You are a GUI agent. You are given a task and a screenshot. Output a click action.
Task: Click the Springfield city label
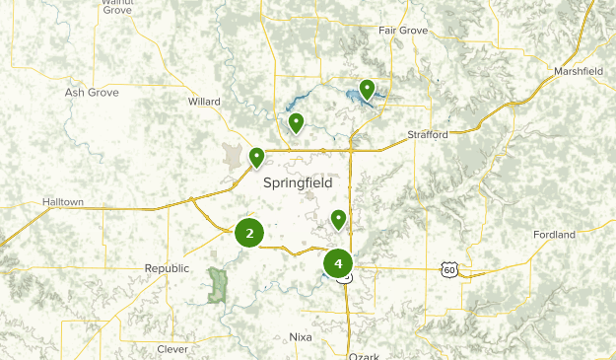point(298,182)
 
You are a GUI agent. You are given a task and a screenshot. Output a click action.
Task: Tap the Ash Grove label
point(91,92)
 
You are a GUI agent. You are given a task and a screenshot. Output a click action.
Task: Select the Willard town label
point(204,101)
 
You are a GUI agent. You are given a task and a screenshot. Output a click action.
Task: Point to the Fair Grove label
point(403,31)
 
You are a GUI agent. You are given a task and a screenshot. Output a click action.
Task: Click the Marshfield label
point(578,72)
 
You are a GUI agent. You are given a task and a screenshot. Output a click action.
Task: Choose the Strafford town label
point(428,134)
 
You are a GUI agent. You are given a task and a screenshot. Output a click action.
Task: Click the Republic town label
point(166,268)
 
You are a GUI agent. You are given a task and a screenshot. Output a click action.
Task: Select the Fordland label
point(553,235)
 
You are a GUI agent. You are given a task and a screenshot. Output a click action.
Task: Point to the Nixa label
point(300,336)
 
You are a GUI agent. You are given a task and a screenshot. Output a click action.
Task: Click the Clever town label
point(172,349)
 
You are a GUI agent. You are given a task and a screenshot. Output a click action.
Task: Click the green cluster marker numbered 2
point(249,234)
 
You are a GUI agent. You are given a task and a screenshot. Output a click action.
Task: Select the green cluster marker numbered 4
point(338,264)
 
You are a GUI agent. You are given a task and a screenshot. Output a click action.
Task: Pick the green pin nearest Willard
point(295,123)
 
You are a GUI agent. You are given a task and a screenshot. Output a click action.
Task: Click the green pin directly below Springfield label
point(338,219)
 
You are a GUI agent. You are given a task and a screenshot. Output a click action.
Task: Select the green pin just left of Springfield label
point(256,158)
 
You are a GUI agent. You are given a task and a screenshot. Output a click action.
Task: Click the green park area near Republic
point(217,284)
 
